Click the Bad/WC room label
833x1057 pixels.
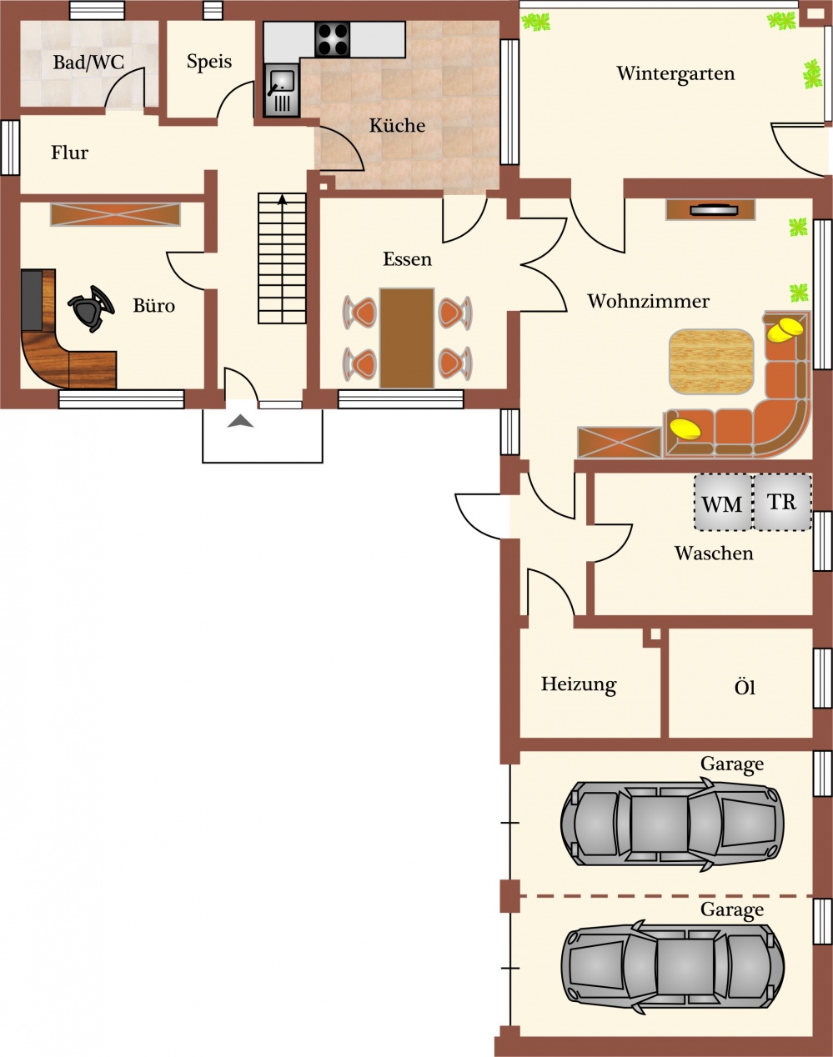88,63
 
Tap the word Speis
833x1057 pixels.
208,62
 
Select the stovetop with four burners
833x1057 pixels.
332,39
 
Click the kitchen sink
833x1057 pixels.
282,91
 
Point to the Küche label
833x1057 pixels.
397,125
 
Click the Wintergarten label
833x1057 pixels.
675,73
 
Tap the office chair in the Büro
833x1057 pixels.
92,308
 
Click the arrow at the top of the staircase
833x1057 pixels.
282,199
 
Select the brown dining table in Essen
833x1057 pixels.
406,338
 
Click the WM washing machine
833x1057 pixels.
722,502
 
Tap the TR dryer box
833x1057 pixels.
782,502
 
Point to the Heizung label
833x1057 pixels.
579,685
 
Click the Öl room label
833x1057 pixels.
745,687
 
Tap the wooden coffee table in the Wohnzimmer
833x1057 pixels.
711,361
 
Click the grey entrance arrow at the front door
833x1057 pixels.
240,421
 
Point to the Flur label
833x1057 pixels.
70,153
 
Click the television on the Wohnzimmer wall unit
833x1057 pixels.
714,210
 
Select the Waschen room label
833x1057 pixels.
714,554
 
